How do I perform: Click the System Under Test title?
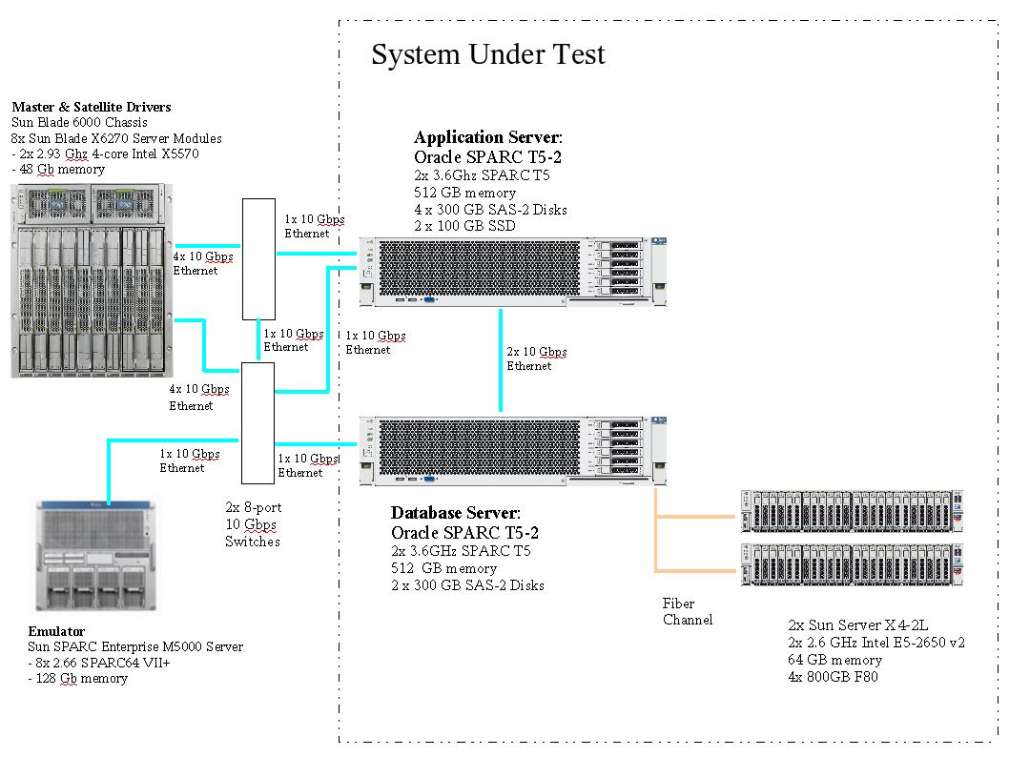487,54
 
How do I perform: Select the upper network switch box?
258,258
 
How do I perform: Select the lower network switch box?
257,423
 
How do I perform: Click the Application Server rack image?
513,272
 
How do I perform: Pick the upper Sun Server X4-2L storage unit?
852,511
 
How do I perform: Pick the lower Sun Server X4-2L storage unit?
852,564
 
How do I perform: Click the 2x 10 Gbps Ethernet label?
536,358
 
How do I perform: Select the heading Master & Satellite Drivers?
92,107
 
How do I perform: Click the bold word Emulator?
56,631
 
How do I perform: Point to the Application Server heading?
487,137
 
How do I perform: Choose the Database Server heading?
455,514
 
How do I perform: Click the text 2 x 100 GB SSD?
464,226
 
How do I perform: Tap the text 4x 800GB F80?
833,677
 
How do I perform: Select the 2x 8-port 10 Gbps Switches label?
253,524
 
